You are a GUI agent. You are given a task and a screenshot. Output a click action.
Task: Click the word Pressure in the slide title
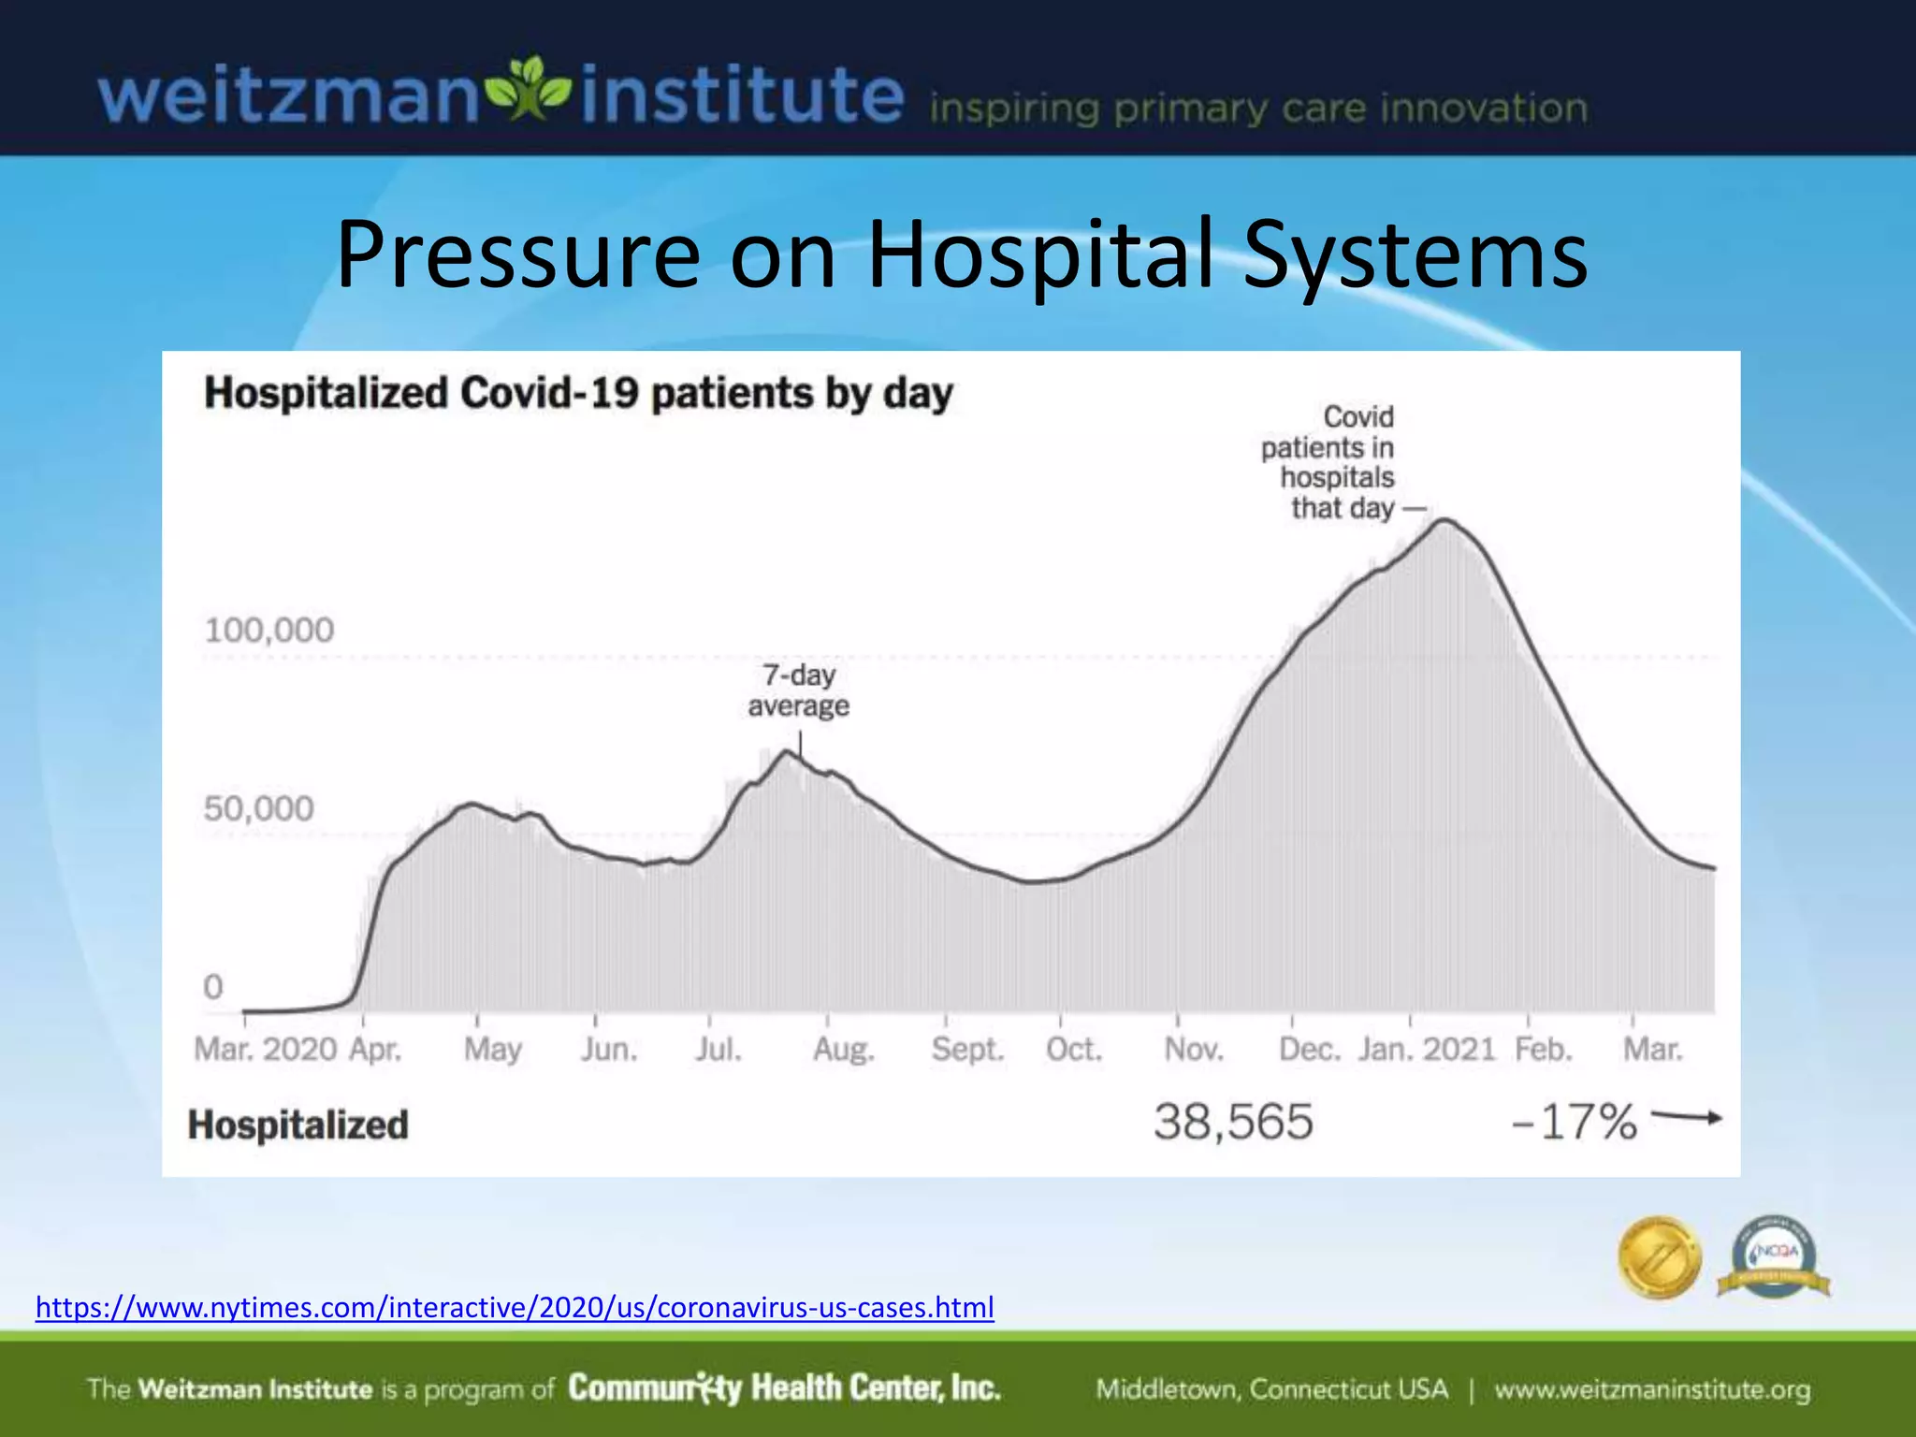point(517,254)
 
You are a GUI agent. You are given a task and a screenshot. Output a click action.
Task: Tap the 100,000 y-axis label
point(269,631)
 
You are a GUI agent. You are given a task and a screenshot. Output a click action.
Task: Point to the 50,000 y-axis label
point(259,809)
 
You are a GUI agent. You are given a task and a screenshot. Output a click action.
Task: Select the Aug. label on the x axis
point(844,1050)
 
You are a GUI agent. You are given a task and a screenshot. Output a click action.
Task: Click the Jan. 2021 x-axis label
point(1428,1050)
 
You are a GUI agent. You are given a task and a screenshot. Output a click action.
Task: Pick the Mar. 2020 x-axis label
point(265,1050)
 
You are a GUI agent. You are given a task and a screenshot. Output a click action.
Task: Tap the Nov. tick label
point(1194,1050)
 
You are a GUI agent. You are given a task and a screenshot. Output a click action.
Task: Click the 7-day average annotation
point(798,690)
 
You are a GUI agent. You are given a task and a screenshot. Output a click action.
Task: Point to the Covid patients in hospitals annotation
point(1328,462)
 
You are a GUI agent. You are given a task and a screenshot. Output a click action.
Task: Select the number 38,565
point(1233,1122)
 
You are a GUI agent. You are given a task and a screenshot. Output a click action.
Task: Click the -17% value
point(1575,1122)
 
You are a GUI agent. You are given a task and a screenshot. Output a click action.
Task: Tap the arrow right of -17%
point(1687,1117)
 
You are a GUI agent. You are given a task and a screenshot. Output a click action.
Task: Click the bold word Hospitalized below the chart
point(298,1125)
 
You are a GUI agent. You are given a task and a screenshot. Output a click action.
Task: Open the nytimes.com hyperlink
point(515,1307)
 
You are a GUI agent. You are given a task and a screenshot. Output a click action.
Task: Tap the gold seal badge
point(1660,1257)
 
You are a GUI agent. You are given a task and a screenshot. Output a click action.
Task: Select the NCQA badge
point(1774,1256)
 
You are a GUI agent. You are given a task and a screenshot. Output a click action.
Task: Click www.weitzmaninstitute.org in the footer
point(1652,1389)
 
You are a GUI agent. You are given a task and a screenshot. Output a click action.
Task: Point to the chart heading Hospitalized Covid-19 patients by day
point(578,393)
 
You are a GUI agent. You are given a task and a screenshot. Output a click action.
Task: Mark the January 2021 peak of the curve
point(1444,520)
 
